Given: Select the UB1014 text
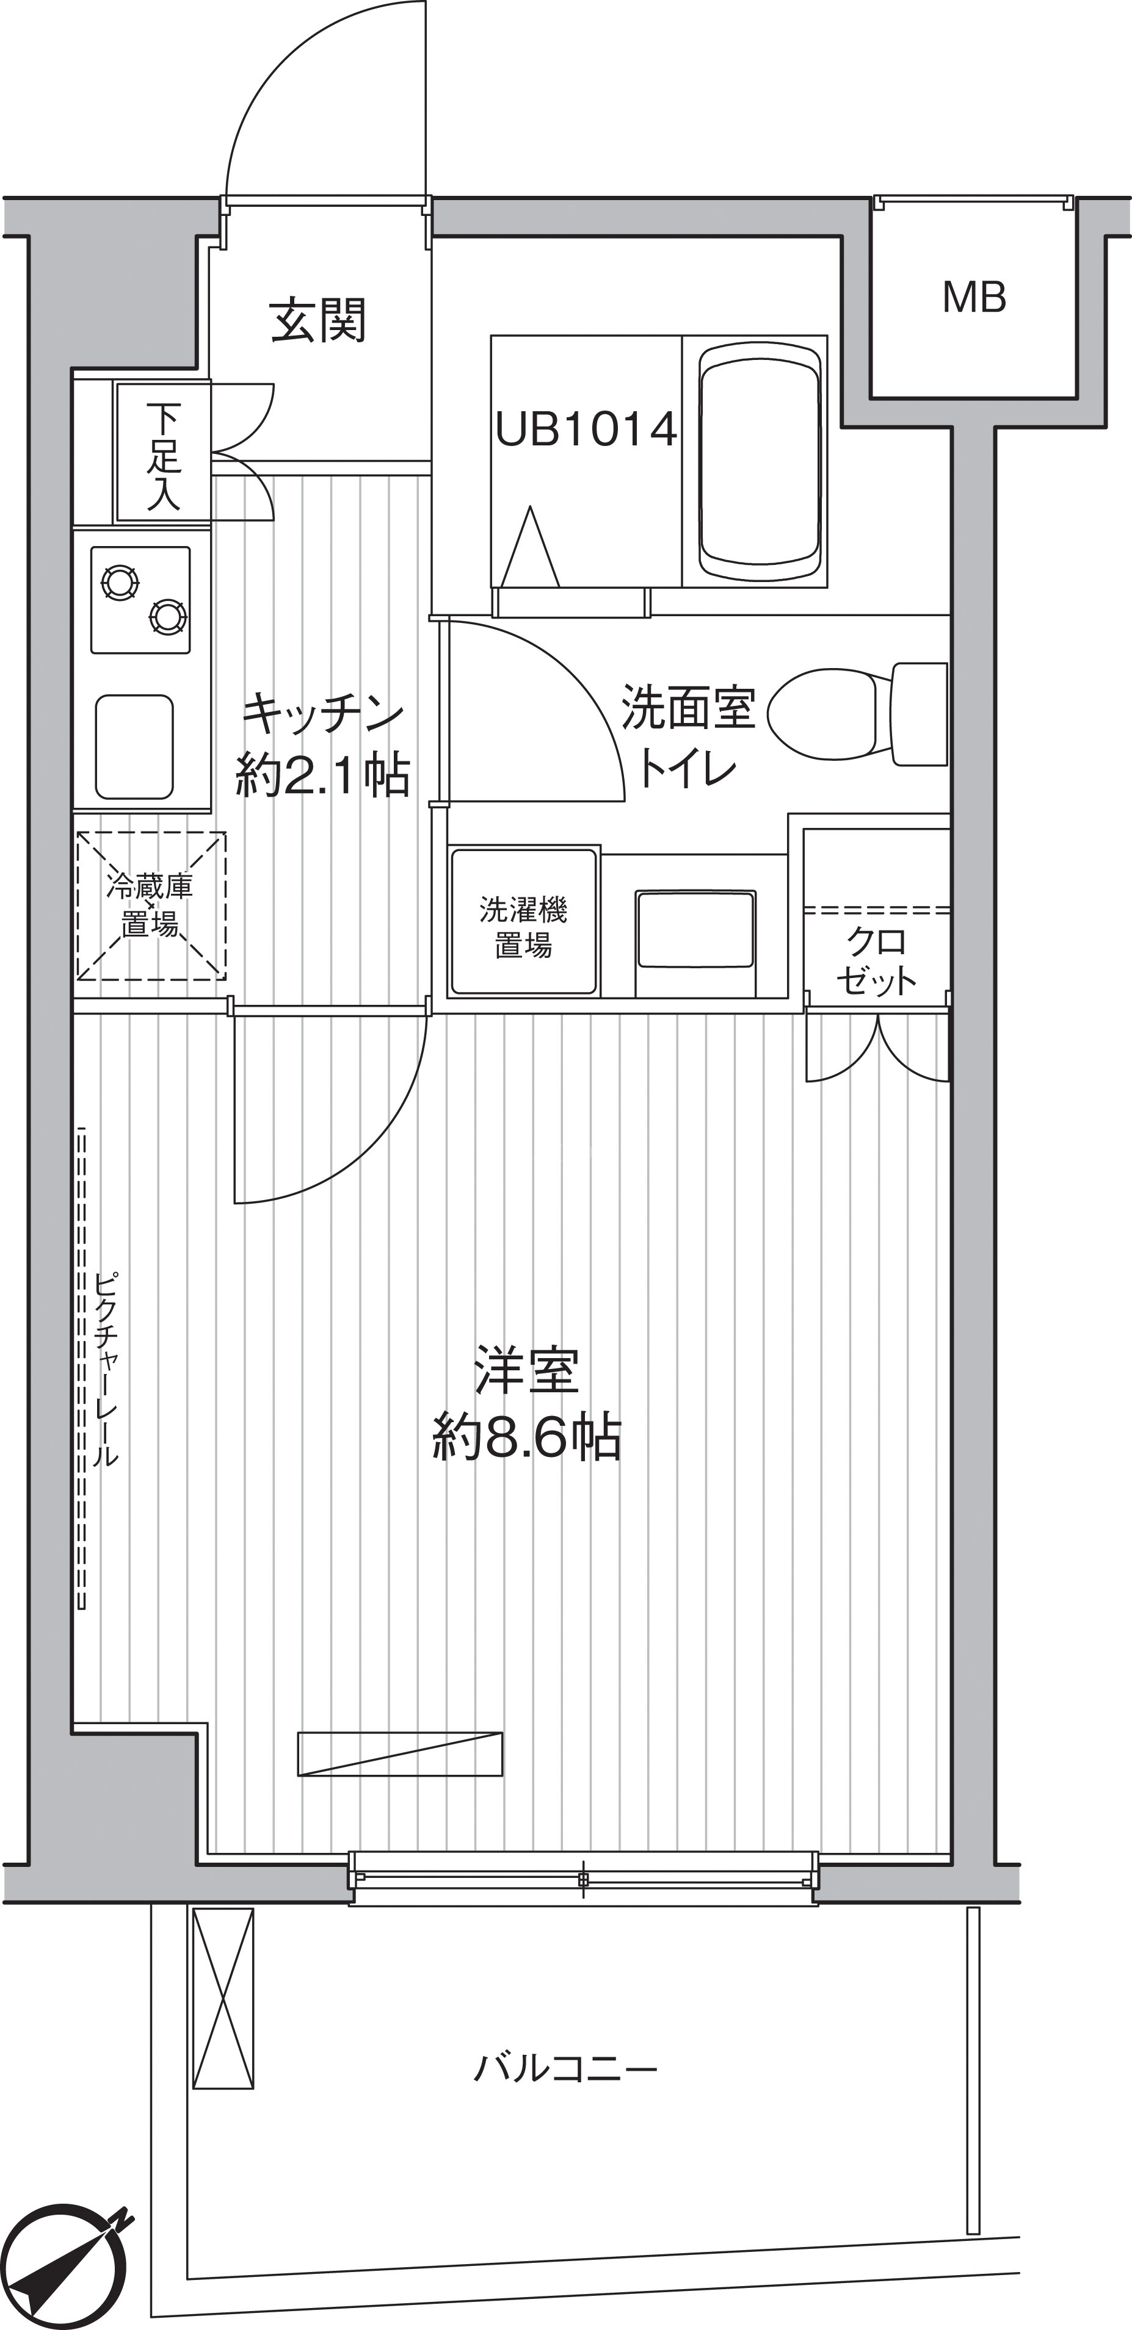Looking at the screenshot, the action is pos(586,429).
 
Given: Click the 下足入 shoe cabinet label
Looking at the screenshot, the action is pos(164,457).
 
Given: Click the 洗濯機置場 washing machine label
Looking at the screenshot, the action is pos(523,926).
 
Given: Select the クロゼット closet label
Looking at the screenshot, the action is pos(876,960).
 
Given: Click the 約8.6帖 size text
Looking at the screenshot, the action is pos(527,1439).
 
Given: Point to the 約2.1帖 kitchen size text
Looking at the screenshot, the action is pos(322,775).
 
